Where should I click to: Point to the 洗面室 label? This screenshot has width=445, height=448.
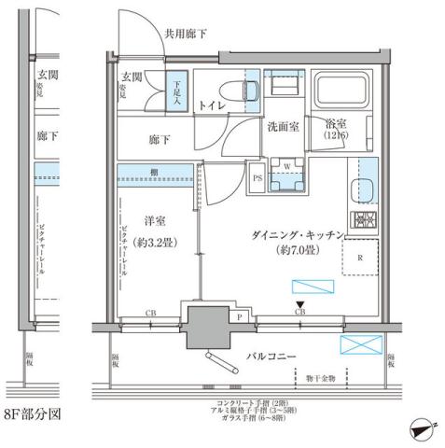(284, 126)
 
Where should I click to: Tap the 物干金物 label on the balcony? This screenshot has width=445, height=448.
(319, 380)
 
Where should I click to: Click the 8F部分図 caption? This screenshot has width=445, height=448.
(31, 412)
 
